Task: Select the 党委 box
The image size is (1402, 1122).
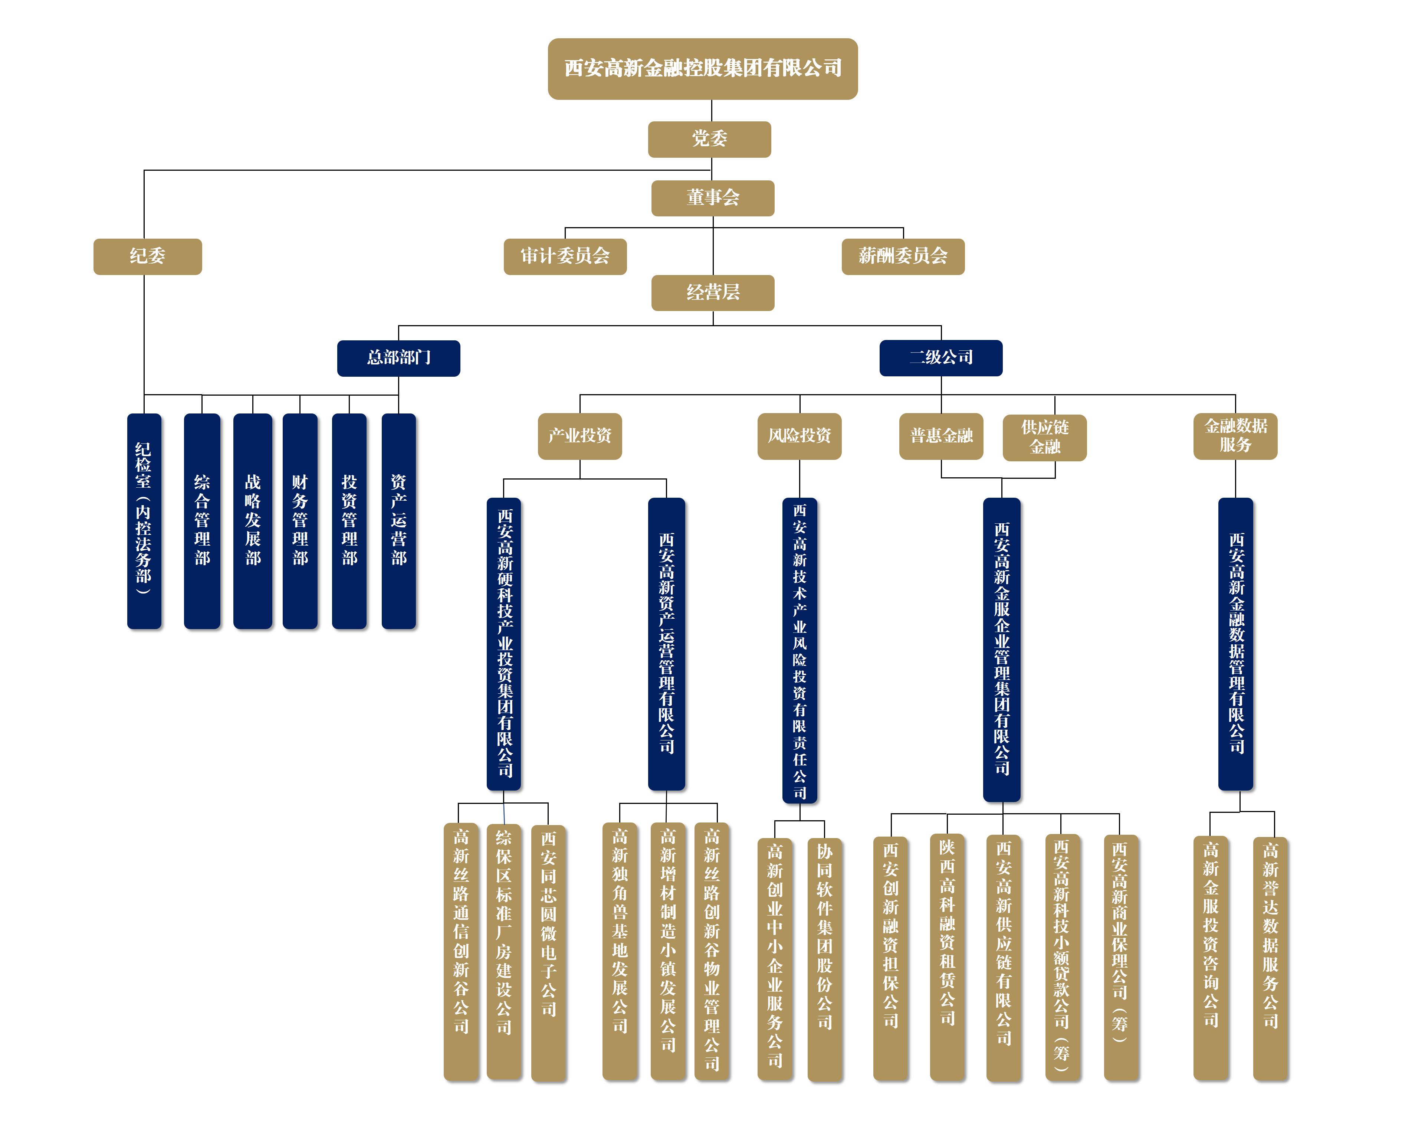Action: (x=709, y=139)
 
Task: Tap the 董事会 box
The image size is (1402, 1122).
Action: (x=713, y=198)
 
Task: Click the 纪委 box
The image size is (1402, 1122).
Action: (x=148, y=256)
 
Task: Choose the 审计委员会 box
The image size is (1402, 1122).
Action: (x=565, y=256)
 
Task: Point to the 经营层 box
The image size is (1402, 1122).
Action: (x=713, y=293)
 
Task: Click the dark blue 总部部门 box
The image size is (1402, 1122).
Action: (x=398, y=358)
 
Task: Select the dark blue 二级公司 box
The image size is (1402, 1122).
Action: (x=941, y=358)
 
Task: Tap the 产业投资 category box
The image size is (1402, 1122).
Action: (x=579, y=436)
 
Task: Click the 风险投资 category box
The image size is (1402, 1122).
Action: (x=799, y=436)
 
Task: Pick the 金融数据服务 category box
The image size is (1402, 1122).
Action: (x=1235, y=436)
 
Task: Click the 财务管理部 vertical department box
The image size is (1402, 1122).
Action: (x=300, y=521)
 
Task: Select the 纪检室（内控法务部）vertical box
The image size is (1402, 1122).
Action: (x=144, y=521)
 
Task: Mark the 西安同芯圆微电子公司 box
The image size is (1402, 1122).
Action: (x=548, y=953)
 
